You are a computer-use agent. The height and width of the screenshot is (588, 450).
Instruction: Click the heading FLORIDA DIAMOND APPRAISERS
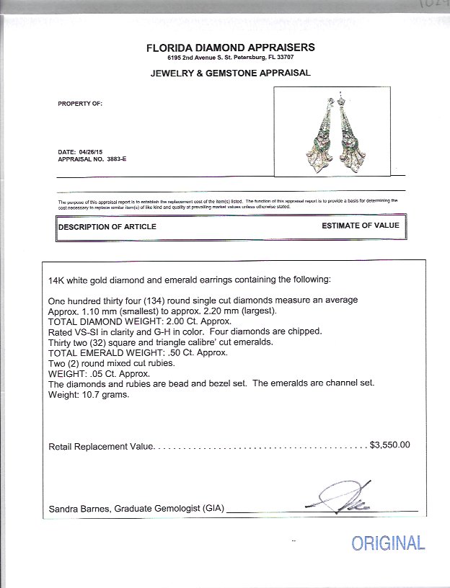229,48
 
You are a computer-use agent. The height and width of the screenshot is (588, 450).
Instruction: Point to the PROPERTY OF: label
80,104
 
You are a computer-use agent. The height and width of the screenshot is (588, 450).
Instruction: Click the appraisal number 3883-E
101,159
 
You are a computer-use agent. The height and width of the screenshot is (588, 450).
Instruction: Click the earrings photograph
333,130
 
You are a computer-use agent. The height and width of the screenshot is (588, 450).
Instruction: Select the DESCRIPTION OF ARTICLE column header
107,227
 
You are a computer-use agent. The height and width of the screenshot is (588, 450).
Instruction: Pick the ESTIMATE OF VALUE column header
360,226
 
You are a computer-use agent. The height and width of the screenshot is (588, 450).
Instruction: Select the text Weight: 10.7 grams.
89,394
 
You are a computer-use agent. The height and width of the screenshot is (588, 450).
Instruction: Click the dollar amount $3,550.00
389,445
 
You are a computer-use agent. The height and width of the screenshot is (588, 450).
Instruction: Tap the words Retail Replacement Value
100,447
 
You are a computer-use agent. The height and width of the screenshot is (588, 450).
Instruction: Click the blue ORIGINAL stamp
388,543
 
